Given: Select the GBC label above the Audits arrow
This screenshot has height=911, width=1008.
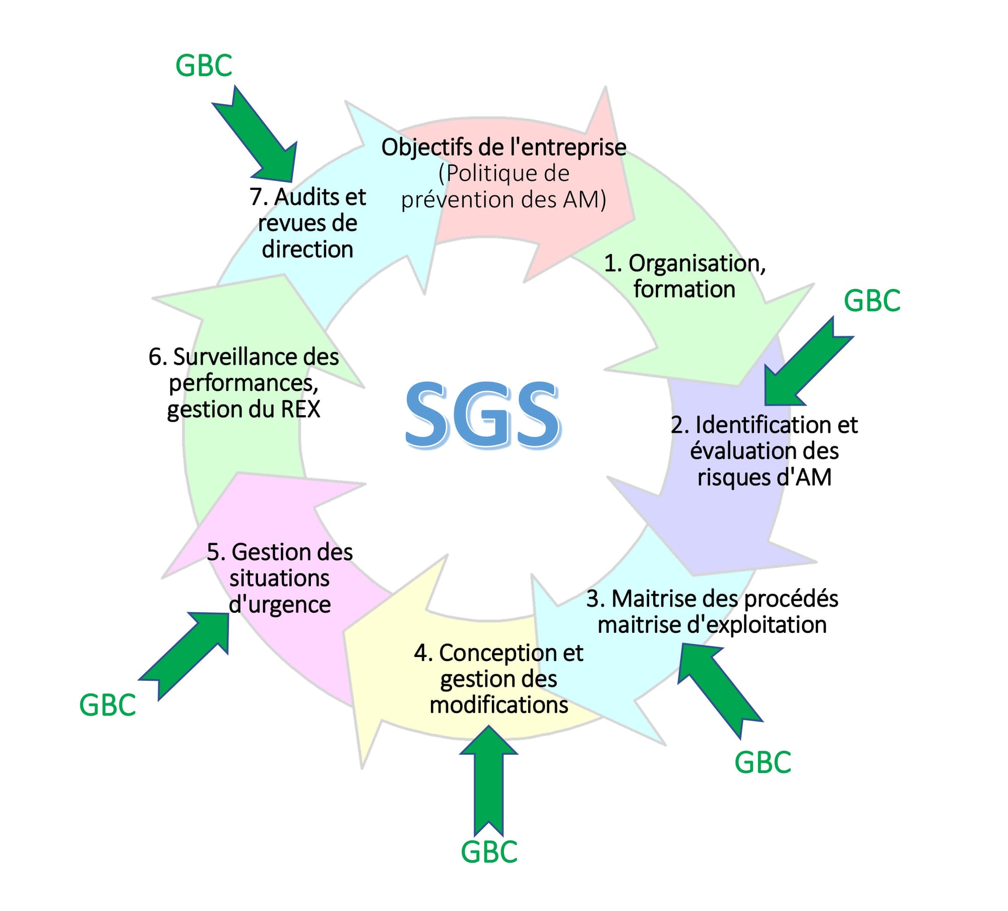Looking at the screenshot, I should tap(204, 66).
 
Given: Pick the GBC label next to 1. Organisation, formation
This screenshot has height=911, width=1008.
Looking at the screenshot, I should tap(872, 301).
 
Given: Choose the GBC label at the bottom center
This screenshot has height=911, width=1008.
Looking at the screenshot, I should tap(489, 852).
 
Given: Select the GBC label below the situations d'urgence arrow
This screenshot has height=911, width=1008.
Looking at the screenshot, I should tap(107, 705).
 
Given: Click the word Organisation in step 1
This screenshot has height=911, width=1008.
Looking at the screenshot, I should tap(695, 263).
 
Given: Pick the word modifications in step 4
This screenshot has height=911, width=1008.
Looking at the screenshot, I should tap(498, 704).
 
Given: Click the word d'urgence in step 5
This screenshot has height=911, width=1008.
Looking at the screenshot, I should tap(280, 604).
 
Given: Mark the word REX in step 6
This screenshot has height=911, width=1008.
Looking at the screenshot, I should tap(300, 409).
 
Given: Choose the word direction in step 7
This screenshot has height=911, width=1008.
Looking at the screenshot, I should tap(307, 249).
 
